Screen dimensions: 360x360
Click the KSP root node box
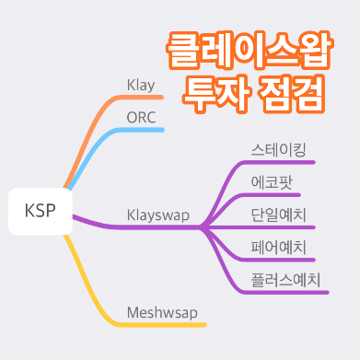coord(40,211)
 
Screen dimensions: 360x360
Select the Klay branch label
coord(141,85)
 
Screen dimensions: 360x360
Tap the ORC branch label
coord(143,118)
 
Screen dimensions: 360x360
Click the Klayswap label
coord(157,215)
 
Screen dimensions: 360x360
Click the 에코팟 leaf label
coord(272,181)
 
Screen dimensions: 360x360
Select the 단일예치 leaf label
coord(278,215)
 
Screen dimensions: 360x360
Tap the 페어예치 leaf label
coord(278,247)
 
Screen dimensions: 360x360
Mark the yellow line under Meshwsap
coord(166,324)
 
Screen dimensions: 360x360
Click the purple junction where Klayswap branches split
coord(203,226)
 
